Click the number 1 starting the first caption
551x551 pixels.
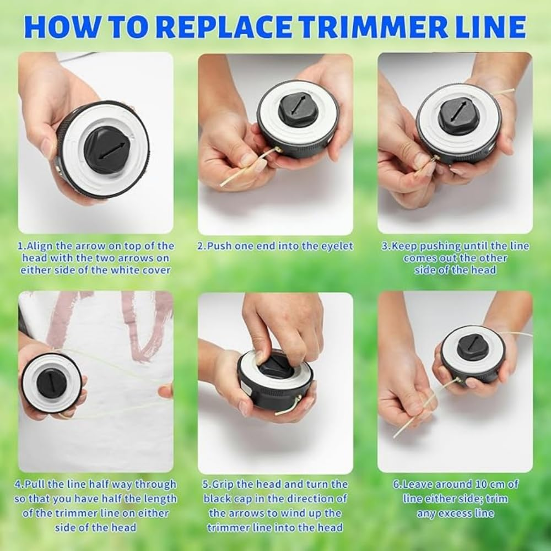20,246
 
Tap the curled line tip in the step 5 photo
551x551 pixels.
287,408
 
